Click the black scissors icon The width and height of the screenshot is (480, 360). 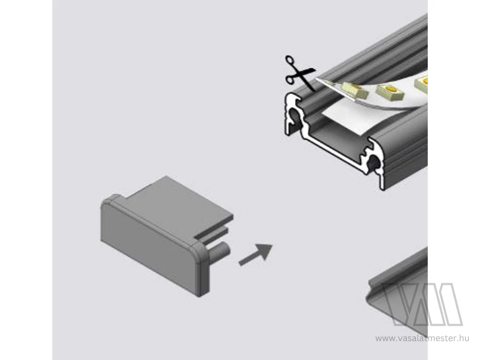click(x=299, y=73)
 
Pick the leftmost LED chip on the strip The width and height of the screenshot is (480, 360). click(x=354, y=91)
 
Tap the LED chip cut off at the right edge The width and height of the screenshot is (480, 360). click(x=421, y=83)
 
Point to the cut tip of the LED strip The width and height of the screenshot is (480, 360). click(x=317, y=78)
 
